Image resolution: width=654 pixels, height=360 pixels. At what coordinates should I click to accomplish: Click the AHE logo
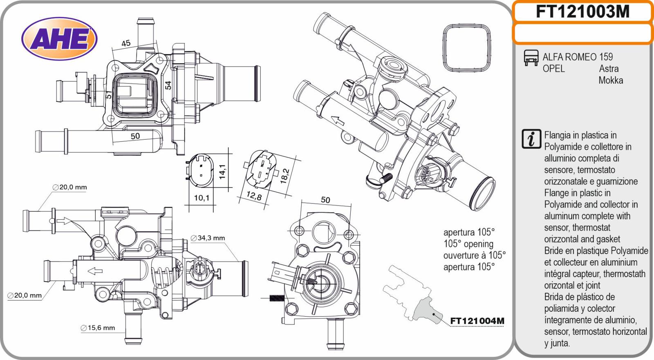pyautogui.click(x=59, y=39)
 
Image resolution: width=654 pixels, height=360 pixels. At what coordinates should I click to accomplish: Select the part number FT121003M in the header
pyautogui.click(x=582, y=12)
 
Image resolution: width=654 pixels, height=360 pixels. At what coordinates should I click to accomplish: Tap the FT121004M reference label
pyautogui.click(x=477, y=321)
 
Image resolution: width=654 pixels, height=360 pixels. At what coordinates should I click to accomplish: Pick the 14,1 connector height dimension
pyautogui.click(x=222, y=172)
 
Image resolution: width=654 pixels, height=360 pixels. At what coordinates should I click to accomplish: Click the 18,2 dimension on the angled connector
pyautogui.click(x=285, y=176)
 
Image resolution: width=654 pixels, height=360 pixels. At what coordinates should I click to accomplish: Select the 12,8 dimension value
pyautogui.click(x=254, y=197)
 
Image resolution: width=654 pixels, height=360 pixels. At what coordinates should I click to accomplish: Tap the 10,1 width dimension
pyautogui.click(x=202, y=198)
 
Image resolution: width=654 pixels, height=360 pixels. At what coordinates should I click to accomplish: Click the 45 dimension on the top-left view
pyautogui.click(x=126, y=43)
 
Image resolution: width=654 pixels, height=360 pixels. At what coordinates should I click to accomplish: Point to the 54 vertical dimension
pyautogui.click(x=168, y=85)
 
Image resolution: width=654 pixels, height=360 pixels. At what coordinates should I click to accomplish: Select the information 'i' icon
pyautogui.click(x=531, y=139)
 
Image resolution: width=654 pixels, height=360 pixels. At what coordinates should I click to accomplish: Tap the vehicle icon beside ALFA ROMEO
pyautogui.click(x=531, y=58)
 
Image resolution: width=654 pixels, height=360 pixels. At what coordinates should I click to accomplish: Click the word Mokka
pyautogui.click(x=611, y=80)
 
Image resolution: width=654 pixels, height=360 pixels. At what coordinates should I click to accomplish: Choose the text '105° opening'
pyautogui.click(x=468, y=244)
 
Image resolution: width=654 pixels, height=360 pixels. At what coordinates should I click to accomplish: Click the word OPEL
pyautogui.click(x=553, y=69)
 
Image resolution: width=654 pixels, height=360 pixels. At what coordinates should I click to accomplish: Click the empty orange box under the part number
pyautogui.click(x=582, y=34)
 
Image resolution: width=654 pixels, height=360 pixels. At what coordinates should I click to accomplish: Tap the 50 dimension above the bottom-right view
pyautogui.click(x=325, y=200)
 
